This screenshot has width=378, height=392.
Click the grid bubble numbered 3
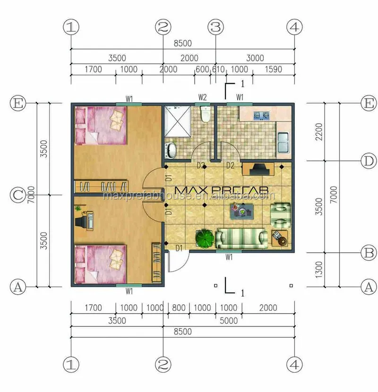(x=216, y=27)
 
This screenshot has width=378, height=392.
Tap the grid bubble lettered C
(x=18, y=195)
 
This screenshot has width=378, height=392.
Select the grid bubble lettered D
(x=368, y=161)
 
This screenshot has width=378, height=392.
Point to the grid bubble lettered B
(x=368, y=253)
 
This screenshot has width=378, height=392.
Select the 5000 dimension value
(x=229, y=321)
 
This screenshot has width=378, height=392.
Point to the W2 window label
(x=202, y=98)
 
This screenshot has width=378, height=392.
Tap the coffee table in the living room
(x=244, y=212)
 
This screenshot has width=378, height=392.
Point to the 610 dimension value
(x=218, y=69)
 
